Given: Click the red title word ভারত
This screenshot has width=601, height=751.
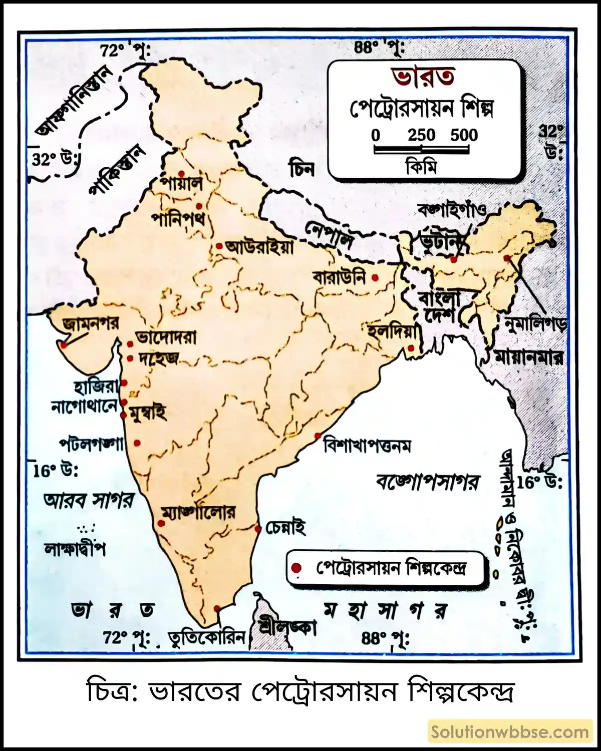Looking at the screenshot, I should pos(423,77).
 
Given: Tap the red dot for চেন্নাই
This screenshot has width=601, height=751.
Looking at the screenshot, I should pos(257,529).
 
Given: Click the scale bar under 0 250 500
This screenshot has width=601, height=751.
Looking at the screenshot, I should pos(421,149).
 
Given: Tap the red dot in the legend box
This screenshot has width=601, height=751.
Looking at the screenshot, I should pos(296,568).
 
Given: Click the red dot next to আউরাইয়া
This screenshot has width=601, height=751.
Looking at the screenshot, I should pos(219,246).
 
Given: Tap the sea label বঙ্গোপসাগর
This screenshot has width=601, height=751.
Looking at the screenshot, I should pos(427,482).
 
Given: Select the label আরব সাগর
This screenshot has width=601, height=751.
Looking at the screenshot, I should pos(89,500).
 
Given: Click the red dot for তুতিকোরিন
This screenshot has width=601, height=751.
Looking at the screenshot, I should pos(217,608).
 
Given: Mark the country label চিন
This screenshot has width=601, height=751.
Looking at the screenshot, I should pos(302,169).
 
